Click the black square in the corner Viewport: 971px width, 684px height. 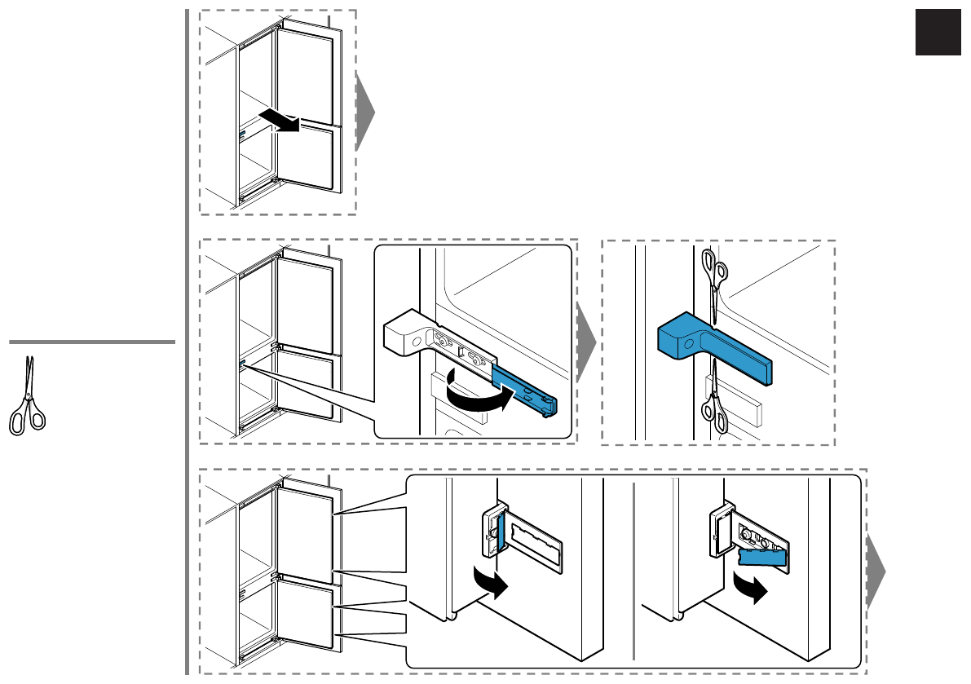pyautogui.click(x=938, y=33)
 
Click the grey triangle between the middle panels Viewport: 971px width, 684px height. pyautogui.click(x=587, y=342)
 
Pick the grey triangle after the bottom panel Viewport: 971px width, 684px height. pyautogui.click(x=876, y=571)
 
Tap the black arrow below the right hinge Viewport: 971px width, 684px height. pyautogui.click(x=749, y=588)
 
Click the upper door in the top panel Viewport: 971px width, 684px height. pyautogui.click(x=305, y=78)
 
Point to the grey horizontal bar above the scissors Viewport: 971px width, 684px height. pyautogui.click(x=92, y=342)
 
